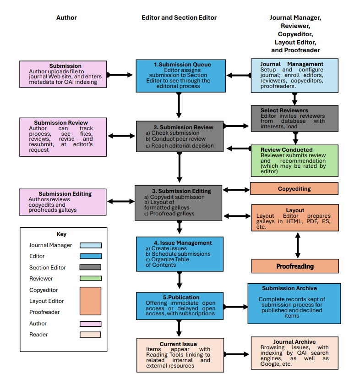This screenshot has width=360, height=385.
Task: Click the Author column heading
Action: click(66, 17)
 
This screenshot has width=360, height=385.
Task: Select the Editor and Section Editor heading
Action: click(179, 17)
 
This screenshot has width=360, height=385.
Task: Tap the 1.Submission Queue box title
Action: click(180, 64)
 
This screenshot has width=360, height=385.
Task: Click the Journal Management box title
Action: click(292, 64)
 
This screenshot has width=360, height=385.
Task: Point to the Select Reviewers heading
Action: click(284, 110)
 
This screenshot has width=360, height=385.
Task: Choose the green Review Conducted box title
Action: click(286, 150)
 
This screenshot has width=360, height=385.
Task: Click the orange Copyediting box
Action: click(294, 188)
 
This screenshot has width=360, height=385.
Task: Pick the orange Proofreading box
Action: click(295, 266)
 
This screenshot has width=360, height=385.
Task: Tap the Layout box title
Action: click(295, 210)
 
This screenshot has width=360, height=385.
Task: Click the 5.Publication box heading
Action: click(180, 297)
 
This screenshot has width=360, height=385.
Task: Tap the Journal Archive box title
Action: click(295, 342)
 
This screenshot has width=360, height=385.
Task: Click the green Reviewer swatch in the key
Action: click(91, 278)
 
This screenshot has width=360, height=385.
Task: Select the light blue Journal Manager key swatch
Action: click(91, 245)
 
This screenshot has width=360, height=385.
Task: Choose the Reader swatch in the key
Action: click(91, 335)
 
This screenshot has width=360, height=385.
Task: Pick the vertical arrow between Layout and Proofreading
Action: click(298, 245)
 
